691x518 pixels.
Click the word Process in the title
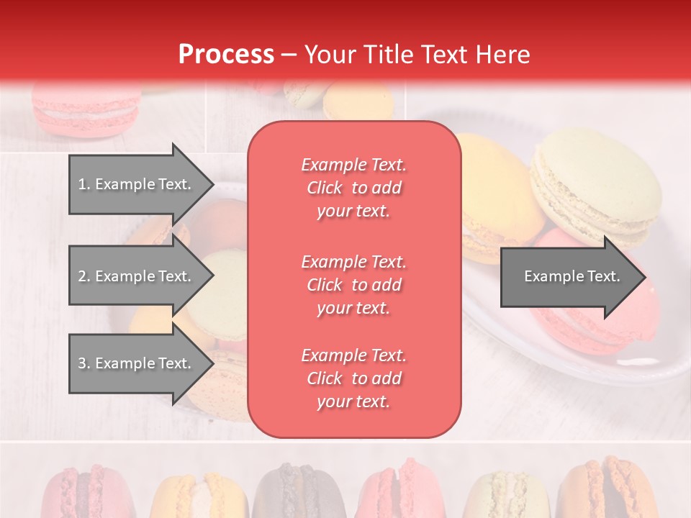pyautogui.click(x=226, y=54)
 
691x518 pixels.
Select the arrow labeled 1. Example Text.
pyautogui.click(x=137, y=184)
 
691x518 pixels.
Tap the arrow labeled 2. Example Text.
pyautogui.click(x=137, y=276)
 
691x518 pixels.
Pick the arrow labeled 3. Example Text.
pyautogui.click(x=137, y=363)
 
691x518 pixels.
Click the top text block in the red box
pyautogui.click(x=353, y=188)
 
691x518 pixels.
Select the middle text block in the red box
pyautogui.click(x=353, y=285)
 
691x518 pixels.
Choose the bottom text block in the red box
pyautogui.click(x=353, y=378)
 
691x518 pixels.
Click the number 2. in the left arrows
pyautogui.click(x=83, y=276)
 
